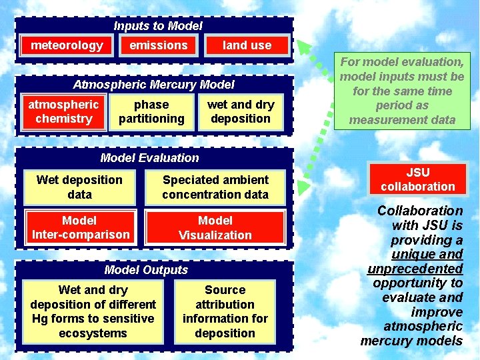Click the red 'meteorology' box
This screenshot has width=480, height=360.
point(67,45)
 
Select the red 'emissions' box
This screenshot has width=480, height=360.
point(159,45)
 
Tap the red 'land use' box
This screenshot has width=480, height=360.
point(247,45)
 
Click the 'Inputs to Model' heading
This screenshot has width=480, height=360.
point(157,26)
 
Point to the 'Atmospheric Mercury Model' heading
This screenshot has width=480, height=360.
point(154,85)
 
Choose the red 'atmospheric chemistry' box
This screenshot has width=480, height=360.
point(64,112)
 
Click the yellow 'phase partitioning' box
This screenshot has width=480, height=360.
point(151,112)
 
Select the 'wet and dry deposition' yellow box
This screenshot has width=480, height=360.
point(241,112)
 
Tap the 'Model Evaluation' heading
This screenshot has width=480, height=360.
point(149,158)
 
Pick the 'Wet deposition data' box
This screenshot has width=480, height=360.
point(79,187)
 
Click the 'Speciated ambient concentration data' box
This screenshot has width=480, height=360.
point(215,187)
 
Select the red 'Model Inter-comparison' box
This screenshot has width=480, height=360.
point(79,227)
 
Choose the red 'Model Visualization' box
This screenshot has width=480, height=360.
point(215,227)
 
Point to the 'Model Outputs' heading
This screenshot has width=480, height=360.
point(146,270)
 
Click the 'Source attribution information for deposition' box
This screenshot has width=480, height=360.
point(225,311)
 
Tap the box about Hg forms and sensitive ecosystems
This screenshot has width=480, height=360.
point(93,311)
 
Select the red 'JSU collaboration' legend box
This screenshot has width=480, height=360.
point(417,179)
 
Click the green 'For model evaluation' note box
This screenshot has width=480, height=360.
point(402,91)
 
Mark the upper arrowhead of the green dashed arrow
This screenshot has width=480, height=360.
point(303,48)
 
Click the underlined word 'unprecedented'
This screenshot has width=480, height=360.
point(415,269)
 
